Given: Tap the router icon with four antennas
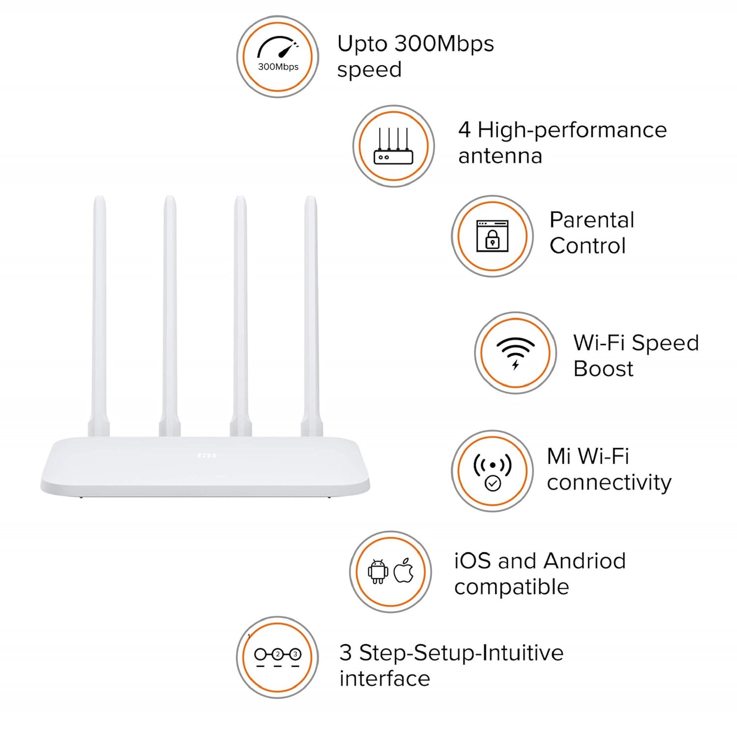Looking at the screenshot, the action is pyautogui.click(x=393, y=146).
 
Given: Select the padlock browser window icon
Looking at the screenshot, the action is pyautogui.click(x=492, y=236).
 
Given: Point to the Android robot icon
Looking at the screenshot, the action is pyautogui.click(x=378, y=571).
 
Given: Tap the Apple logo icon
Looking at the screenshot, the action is pyautogui.click(x=404, y=570).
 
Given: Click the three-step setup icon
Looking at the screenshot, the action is pyautogui.click(x=278, y=657).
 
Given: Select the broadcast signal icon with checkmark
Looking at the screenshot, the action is pyautogui.click(x=492, y=472).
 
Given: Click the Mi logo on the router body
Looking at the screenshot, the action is pyautogui.click(x=206, y=455).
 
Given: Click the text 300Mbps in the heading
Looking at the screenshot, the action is pyautogui.click(x=444, y=44).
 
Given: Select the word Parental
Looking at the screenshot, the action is pyautogui.click(x=592, y=220).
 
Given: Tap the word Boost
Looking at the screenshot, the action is pyautogui.click(x=603, y=368).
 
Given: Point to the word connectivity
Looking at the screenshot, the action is pyautogui.click(x=609, y=482).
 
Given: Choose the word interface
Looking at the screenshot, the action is pyautogui.click(x=385, y=679).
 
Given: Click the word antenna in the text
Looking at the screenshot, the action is pyautogui.click(x=500, y=156).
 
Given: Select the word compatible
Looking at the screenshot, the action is pyautogui.click(x=511, y=587).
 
